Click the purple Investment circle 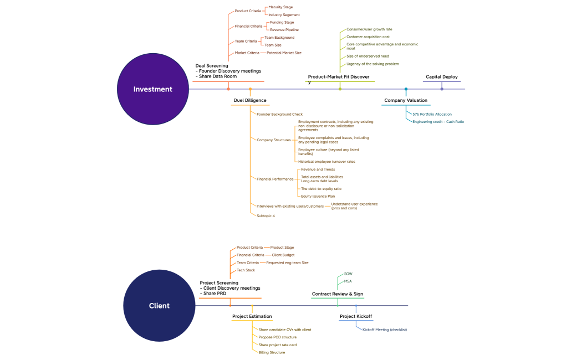[152, 89]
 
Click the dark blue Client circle [159, 306]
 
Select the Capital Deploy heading [441, 77]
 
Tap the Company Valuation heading [406, 101]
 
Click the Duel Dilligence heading [249, 100]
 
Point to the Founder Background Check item [279, 114]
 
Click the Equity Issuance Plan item [318, 196]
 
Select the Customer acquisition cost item [367, 37]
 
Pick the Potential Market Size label [284, 53]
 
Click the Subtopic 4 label [266, 215]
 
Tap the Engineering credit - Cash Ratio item [438, 121]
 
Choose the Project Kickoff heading [355, 317]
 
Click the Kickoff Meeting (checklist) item [384, 330]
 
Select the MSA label [348, 281]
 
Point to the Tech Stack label [246, 270]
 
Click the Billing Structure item [272, 352]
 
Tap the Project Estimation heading [252, 317]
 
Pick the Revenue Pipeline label [284, 29]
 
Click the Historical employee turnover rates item [326, 162]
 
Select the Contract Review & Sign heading [337, 294]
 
